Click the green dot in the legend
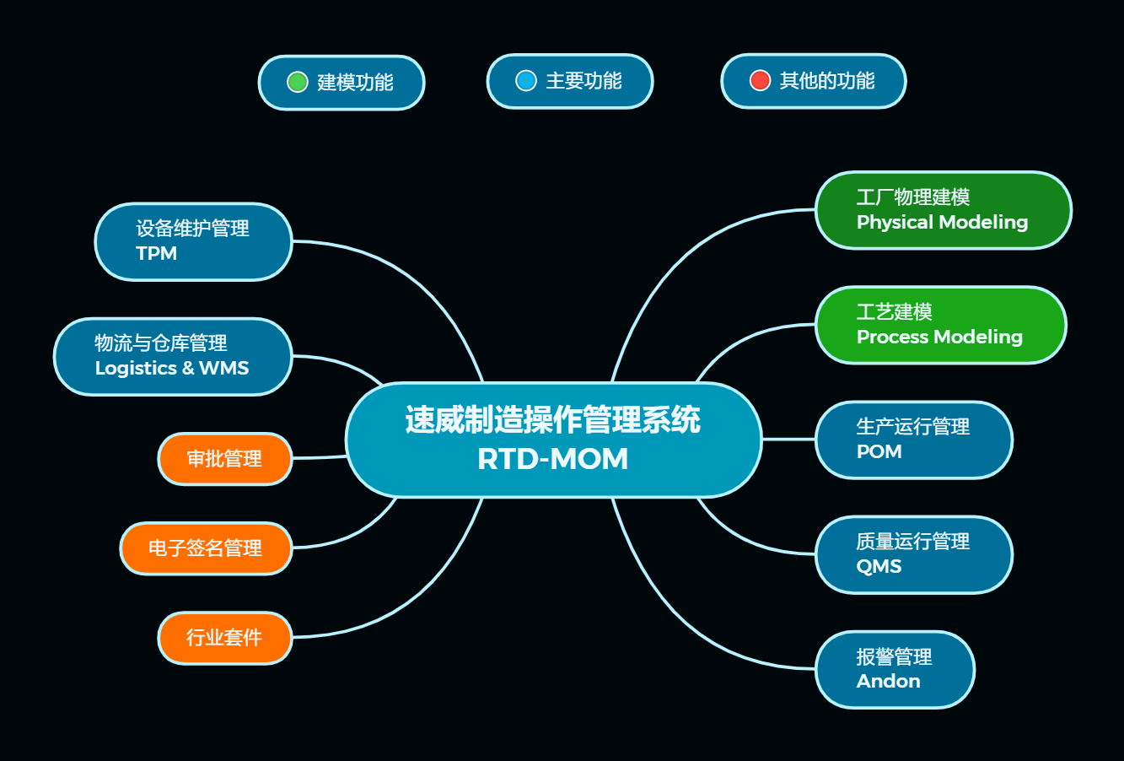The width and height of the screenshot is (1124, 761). [297, 82]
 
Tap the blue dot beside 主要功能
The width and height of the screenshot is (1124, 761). [526, 80]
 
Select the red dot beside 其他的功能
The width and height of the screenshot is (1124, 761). [760, 80]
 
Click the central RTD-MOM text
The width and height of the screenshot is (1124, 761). [553, 459]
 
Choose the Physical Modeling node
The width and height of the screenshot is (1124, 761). [943, 210]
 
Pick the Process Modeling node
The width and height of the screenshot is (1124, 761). [940, 325]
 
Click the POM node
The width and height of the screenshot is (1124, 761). [913, 440]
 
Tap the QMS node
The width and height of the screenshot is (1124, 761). [913, 554]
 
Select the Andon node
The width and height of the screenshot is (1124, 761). [895, 669]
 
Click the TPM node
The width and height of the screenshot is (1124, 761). [193, 241]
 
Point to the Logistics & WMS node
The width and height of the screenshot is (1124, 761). [173, 356]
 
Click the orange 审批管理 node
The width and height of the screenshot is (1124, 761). [224, 459]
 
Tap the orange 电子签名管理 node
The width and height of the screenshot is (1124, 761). [206, 548]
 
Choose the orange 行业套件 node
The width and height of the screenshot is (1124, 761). [224, 638]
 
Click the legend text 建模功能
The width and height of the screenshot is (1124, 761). [355, 82]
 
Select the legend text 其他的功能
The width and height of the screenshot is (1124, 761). [827, 80]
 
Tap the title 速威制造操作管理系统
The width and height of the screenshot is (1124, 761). [553, 420]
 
